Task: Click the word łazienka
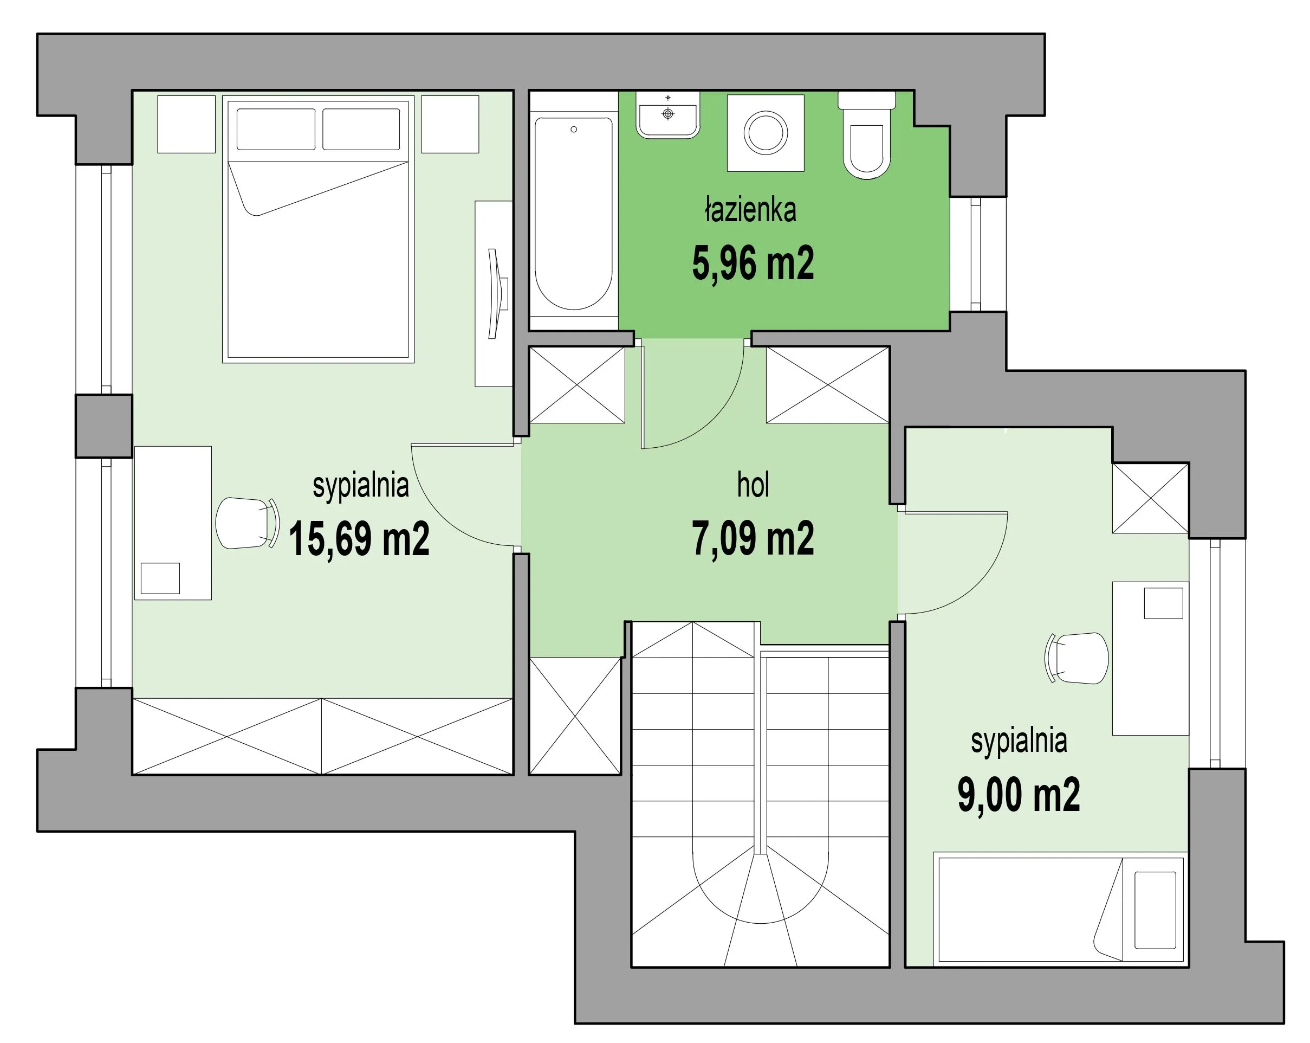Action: tap(750, 210)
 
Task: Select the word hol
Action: tap(753, 485)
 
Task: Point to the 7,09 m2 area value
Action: tap(753, 538)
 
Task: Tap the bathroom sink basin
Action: tap(668, 115)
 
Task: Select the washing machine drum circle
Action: tap(766, 132)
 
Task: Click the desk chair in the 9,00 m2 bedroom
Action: tap(1076, 658)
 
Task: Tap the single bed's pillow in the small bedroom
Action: tap(1155, 910)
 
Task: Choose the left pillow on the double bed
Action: tap(276, 129)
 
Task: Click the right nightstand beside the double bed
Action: tap(450, 124)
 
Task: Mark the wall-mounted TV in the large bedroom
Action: tap(498, 294)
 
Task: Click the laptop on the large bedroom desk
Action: tap(160, 578)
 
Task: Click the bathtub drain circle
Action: tap(574, 130)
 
